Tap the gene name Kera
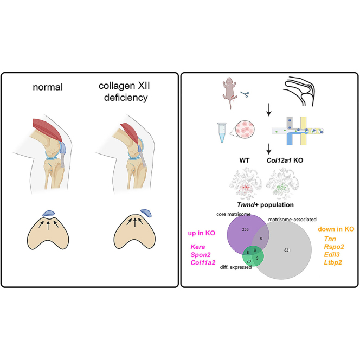198,247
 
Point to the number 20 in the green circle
249,261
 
